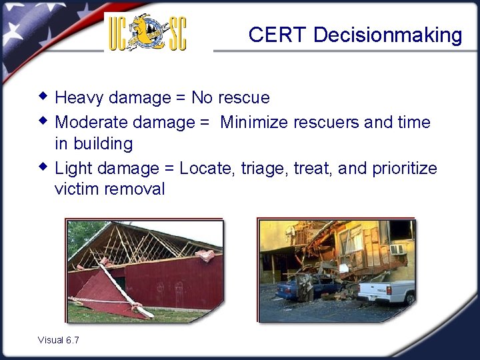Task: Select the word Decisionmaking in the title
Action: pyautogui.click(x=387, y=35)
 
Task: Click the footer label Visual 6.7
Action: pyautogui.click(x=59, y=340)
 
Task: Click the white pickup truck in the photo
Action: pyautogui.click(x=387, y=292)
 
